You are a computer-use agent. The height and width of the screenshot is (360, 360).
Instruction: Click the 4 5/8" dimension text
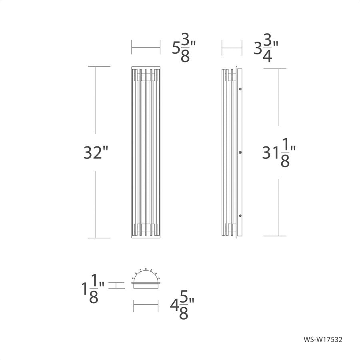pos(182,307)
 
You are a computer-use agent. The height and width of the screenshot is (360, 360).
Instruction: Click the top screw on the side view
pos(240,89)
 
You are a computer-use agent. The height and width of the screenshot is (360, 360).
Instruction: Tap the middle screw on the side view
pos(240,152)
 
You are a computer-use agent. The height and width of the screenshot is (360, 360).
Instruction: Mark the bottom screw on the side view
pos(240,216)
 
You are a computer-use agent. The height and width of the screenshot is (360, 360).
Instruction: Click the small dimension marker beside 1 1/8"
pos(116,286)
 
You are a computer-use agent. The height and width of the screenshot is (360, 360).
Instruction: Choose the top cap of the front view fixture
pos(146,68)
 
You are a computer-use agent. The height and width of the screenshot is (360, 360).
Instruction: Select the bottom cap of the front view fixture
pos(146,236)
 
